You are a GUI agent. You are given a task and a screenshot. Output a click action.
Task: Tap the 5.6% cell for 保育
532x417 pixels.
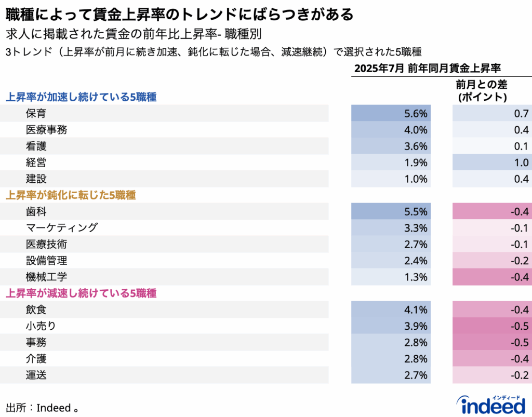(391, 113)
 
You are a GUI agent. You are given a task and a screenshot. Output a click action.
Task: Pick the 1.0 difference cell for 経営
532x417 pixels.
(491, 163)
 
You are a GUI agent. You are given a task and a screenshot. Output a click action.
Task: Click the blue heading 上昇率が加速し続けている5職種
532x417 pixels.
(81, 97)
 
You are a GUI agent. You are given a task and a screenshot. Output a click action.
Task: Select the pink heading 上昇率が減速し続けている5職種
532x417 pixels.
(81, 293)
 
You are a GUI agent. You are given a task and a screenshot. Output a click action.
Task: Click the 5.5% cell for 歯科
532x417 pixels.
(391, 211)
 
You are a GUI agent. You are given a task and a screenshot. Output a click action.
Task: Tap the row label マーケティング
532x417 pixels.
(61, 227)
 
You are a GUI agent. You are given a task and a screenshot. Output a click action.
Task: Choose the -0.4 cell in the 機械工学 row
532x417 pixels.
(491, 277)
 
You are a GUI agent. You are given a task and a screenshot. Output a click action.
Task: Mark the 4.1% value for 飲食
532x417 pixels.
(391, 310)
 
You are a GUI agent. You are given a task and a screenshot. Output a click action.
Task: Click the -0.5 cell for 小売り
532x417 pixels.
(491, 326)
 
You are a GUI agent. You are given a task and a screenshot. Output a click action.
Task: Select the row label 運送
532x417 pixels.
(36, 375)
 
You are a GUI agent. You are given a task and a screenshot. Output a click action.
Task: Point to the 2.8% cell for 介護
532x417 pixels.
(391, 359)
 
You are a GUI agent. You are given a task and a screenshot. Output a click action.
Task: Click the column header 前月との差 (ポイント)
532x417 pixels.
(481, 90)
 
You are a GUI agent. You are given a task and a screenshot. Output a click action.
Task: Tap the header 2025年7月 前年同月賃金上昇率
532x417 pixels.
(427, 68)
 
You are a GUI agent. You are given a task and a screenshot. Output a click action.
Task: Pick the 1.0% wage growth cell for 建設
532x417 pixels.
(391, 179)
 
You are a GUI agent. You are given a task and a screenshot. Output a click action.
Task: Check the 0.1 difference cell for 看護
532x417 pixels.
(491, 146)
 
